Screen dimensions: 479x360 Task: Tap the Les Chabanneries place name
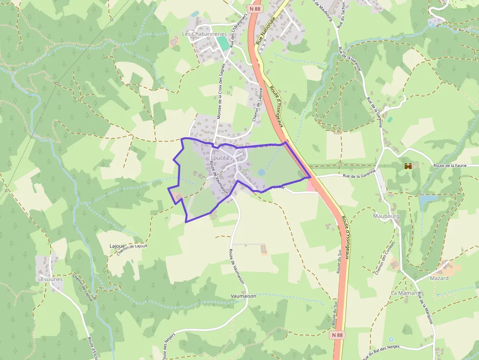[x=204, y=34]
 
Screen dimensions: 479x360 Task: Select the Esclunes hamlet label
[x=52, y=279]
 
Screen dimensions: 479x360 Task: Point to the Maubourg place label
[x=386, y=215]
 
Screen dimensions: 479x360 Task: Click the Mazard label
[x=439, y=278]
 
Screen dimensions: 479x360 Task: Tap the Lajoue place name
[x=118, y=246]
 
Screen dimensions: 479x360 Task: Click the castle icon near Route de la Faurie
[x=408, y=166]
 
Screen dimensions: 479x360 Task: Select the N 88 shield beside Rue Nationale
[x=255, y=8]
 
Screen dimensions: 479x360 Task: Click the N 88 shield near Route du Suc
[x=336, y=335]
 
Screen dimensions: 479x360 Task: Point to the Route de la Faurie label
[x=449, y=166]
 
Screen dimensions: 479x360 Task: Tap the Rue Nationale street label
[x=265, y=31]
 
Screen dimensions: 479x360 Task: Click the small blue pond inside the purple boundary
[x=261, y=172]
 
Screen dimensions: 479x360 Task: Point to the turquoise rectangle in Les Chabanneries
[x=223, y=43]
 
